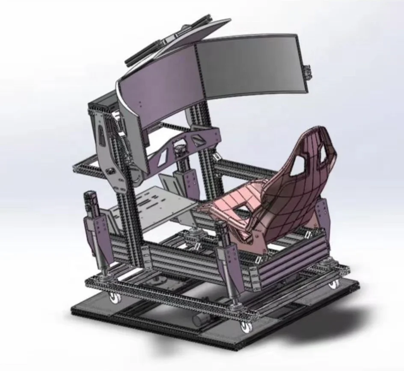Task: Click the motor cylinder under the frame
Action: [202, 319]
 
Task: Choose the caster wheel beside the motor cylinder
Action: [246, 326]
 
